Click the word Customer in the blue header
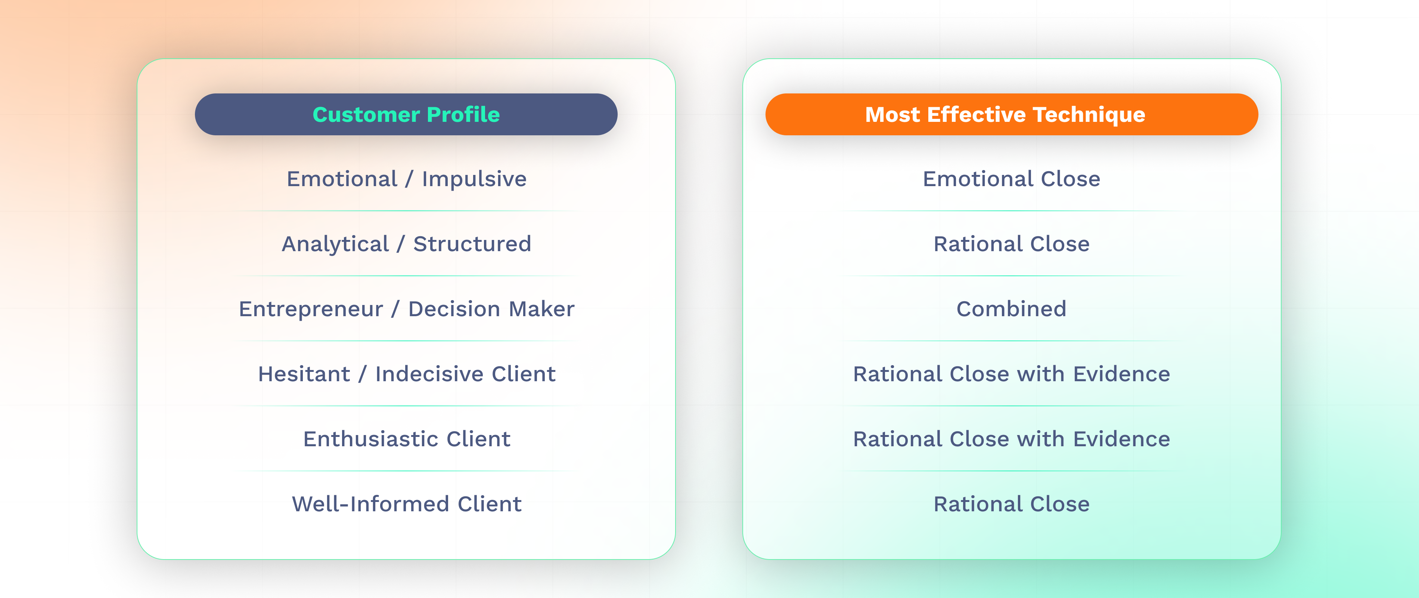tap(366, 115)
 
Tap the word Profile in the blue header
tap(463, 115)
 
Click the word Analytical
tap(335, 244)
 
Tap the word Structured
tap(472, 244)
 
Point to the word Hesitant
tap(304, 374)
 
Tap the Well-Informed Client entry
tap(407, 504)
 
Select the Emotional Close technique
tap(1011, 179)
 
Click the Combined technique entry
tap(1011, 309)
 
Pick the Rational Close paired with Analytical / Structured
tap(1011, 244)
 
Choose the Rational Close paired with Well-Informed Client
tap(1011, 504)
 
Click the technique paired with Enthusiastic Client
tap(1011, 439)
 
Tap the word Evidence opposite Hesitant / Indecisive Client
tap(1121, 374)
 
